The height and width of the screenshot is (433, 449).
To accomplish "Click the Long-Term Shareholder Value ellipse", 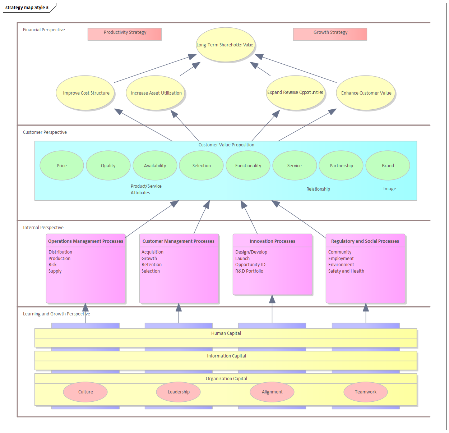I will click(225, 45).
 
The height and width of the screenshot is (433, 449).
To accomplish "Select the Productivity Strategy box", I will click(125, 34).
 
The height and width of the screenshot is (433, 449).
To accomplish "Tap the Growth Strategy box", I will click(330, 34).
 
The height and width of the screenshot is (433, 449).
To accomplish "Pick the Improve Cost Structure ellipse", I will click(85, 93).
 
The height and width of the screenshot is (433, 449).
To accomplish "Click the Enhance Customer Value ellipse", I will click(366, 93).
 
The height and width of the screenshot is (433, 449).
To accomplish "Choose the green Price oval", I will click(62, 165).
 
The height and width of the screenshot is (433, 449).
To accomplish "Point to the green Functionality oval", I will click(248, 165).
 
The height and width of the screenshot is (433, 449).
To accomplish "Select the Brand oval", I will click(388, 165).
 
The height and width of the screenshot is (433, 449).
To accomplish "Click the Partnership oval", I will click(341, 165).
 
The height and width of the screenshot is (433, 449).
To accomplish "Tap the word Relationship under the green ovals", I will click(318, 189).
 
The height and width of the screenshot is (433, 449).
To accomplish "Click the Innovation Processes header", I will click(272, 241).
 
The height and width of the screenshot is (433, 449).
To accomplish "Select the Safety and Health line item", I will click(346, 271).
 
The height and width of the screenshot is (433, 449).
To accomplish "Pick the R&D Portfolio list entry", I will click(249, 271).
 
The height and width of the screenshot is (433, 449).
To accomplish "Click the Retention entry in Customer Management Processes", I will click(152, 265).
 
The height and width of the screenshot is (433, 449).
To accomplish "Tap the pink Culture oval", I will click(85, 392).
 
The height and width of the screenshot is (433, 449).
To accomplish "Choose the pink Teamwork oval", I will click(366, 392).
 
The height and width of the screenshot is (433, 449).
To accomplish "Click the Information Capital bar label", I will click(226, 356).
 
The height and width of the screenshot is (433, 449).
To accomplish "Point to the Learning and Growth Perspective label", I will click(56, 314).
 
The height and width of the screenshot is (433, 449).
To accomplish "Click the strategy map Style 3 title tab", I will click(27, 8).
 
